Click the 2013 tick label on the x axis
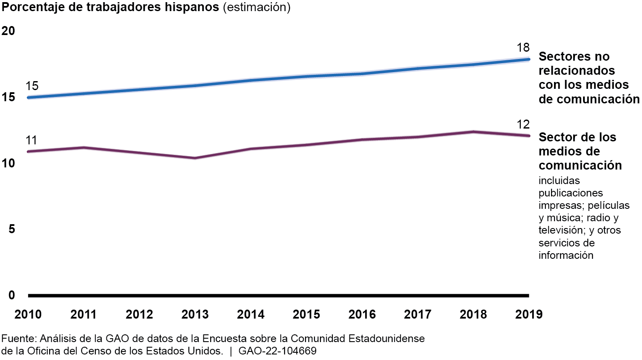[195, 314]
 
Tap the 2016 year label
[362, 314]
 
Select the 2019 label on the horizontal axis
[529, 314]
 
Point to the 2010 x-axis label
[28, 314]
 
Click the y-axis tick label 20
[8, 31]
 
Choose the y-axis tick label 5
[12, 229]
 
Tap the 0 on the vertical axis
[12, 295]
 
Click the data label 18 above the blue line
[523, 47]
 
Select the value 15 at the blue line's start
[32, 86]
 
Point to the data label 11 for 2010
[31, 140]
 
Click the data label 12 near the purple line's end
[523, 124]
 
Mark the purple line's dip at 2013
[195, 158]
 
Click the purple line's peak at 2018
[473, 132]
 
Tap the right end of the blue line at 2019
[528, 59]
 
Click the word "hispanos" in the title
[192, 7]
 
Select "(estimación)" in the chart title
[257, 7]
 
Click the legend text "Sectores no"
[574, 56]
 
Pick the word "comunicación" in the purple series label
[580, 165]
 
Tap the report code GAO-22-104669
[278, 351]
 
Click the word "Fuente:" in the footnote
[19, 339]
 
